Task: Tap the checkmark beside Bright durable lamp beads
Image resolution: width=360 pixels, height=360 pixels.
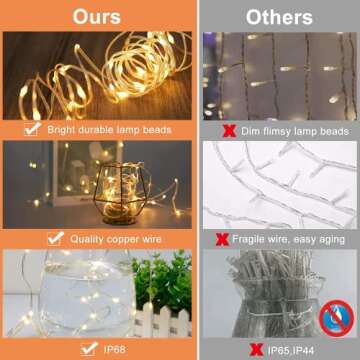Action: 33,129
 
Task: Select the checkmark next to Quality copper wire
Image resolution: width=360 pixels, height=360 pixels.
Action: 56,239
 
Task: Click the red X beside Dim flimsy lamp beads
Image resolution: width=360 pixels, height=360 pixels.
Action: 228,130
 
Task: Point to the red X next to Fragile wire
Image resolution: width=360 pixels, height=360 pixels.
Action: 222,239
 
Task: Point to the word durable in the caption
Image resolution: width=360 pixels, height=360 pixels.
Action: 102,129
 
